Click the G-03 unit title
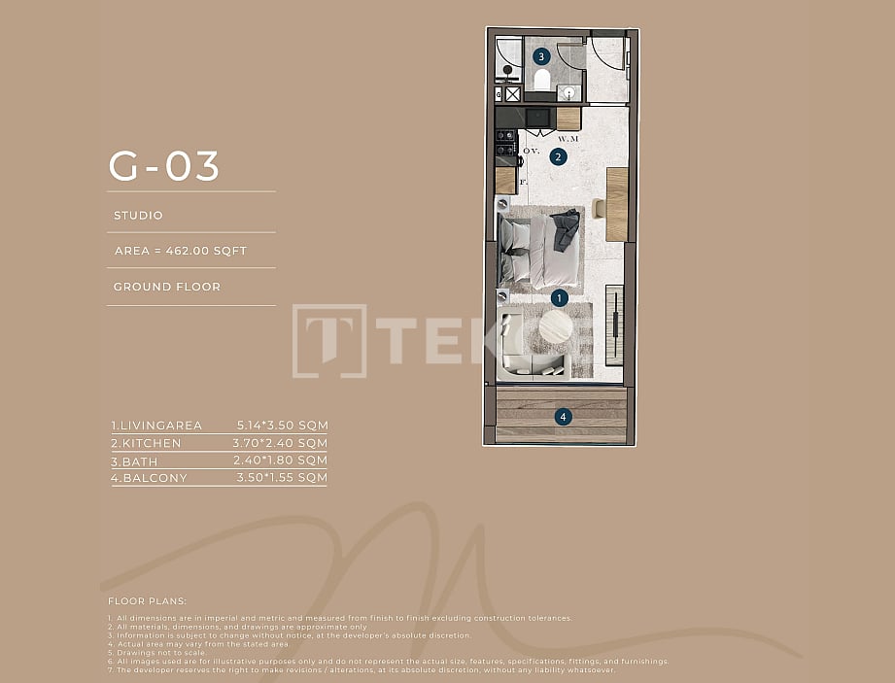[x=164, y=166]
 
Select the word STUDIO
[x=138, y=216]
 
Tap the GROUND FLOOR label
[x=167, y=287]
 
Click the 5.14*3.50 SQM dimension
[x=283, y=426]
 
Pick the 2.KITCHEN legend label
[x=146, y=443]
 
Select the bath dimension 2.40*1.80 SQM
[x=283, y=461]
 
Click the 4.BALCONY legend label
[x=149, y=478]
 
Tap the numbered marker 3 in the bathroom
[x=541, y=56]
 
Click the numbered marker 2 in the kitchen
[x=559, y=156]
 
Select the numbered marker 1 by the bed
[x=559, y=297]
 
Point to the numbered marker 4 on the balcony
[x=564, y=417]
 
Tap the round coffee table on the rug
[x=557, y=326]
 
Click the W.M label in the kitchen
[x=568, y=139]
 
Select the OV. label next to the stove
[x=531, y=152]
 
